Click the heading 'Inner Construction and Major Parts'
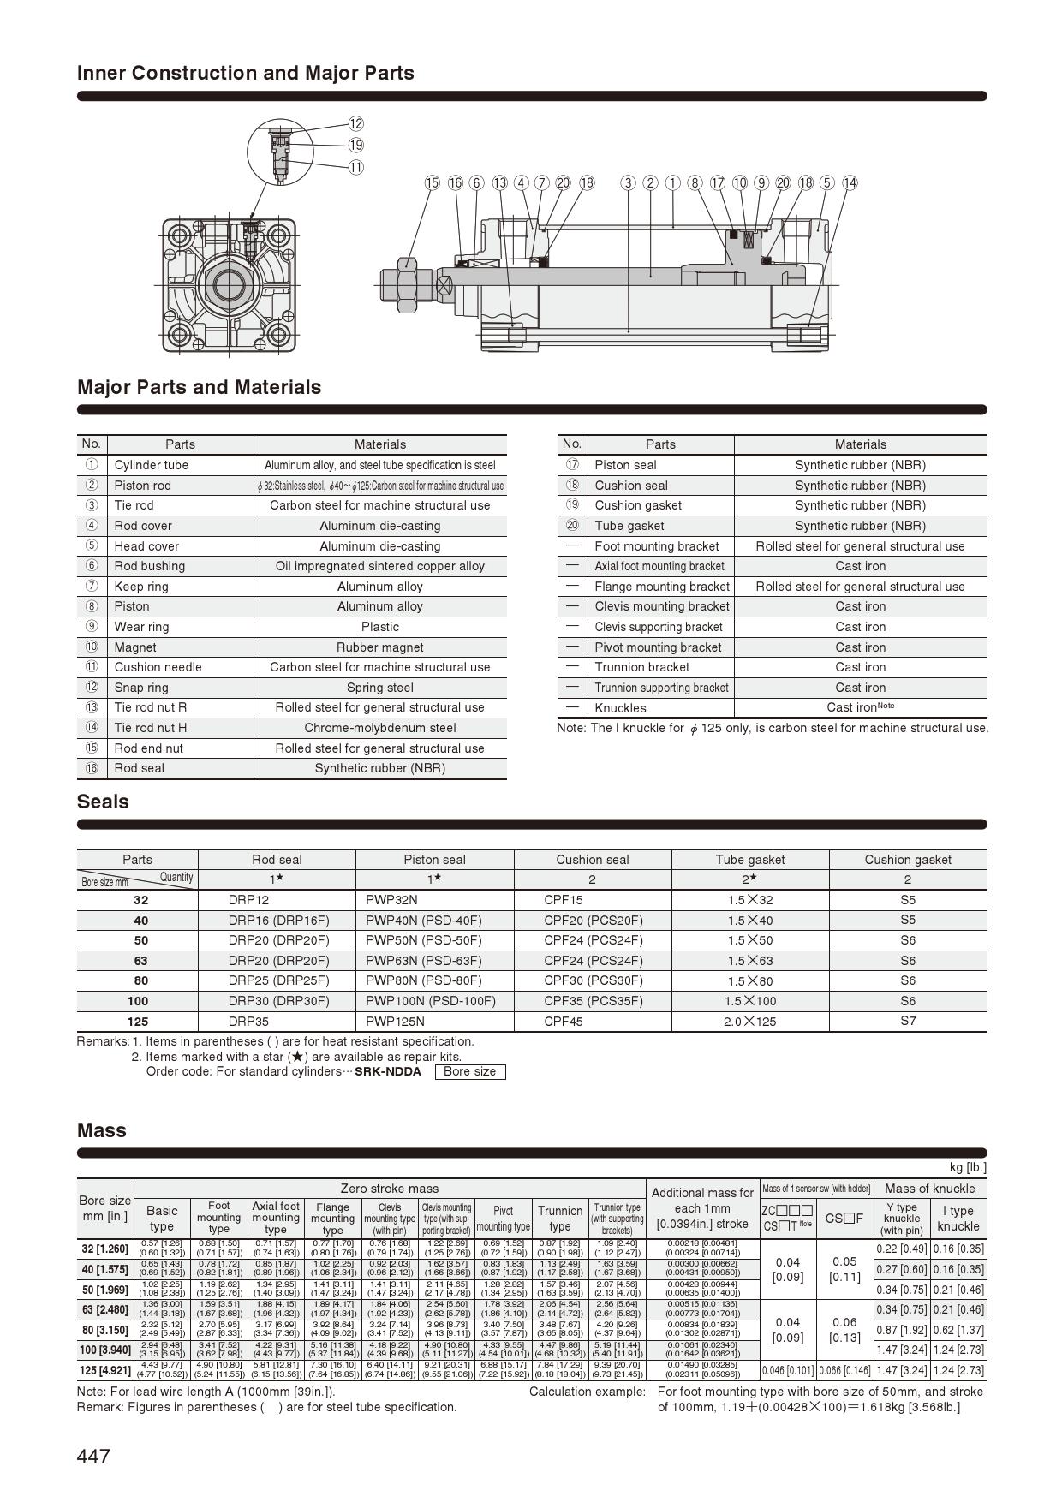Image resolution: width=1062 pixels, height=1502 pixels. [246, 73]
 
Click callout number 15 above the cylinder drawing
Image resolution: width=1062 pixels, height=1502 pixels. [433, 182]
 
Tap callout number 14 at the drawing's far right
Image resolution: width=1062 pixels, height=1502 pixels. [850, 182]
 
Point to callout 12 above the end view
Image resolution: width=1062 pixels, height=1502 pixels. [355, 124]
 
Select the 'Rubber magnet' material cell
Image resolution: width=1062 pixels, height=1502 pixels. [379, 647]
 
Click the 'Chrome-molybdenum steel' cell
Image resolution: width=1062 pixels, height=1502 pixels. [379, 728]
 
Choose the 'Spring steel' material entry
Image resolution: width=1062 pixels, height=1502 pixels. [379, 688]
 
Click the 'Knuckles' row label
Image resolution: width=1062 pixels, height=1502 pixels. [620, 708]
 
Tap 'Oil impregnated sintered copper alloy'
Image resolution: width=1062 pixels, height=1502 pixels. [379, 566]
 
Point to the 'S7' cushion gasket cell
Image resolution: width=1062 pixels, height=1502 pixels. [908, 1021]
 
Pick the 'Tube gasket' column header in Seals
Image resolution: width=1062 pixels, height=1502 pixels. [749, 860]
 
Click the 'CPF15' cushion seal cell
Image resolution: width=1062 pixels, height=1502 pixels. [564, 900]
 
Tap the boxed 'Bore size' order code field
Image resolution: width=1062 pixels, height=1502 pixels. [469, 1071]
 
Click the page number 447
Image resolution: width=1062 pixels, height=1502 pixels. [93, 1457]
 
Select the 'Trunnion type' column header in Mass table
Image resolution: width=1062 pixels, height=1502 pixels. [559, 1218]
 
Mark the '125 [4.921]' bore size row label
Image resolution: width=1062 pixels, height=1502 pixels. [105, 1370]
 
